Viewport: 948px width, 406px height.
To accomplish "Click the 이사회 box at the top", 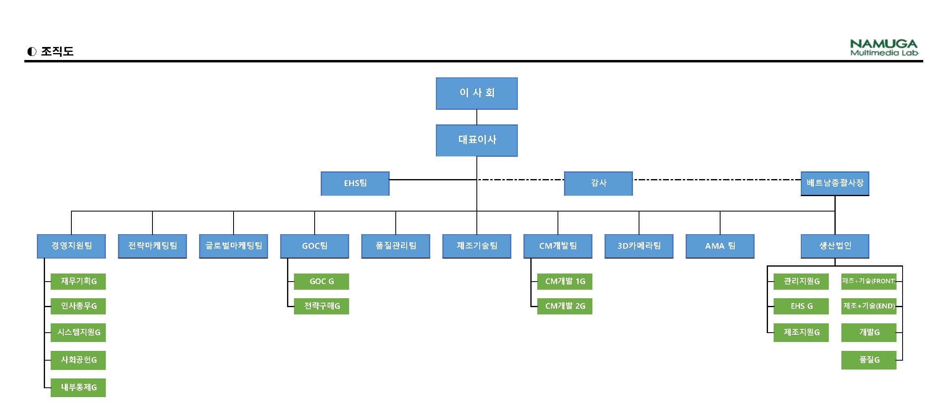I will (x=476, y=93).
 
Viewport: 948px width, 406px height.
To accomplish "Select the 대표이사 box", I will (x=476, y=140).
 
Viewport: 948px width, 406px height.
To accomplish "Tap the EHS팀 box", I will (x=355, y=183).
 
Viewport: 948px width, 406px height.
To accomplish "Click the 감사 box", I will (x=598, y=183).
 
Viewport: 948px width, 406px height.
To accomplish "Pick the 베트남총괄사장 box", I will (x=834, y=183).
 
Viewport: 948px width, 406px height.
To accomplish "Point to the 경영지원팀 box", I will (x=71, y=246).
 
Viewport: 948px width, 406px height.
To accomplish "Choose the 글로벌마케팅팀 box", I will (x=234, y=246).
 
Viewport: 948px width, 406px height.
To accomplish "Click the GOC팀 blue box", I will (x=315, y=246).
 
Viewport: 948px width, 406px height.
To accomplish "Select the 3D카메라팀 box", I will (x=639, y=246).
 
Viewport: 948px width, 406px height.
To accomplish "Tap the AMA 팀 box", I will (x=720, y=246).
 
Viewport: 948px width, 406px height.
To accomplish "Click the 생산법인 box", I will (x=834, y=246).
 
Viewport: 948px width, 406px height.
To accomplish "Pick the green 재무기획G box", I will (x=78, y=281).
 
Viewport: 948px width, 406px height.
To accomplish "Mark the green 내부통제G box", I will (x=78, y=387).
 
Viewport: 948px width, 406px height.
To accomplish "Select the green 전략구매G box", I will (x=322, y=306).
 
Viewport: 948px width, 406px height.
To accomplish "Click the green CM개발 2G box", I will (x=565, y=306).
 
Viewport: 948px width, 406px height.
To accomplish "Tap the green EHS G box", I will (x=801, y=306).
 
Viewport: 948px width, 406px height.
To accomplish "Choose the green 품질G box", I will (x=869, y=360).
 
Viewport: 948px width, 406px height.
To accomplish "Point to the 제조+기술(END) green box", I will (x=869, y=306).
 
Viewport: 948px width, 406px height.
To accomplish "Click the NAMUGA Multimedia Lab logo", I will (x=884, y=47).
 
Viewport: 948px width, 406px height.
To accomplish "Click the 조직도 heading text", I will (x=57, y=51).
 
